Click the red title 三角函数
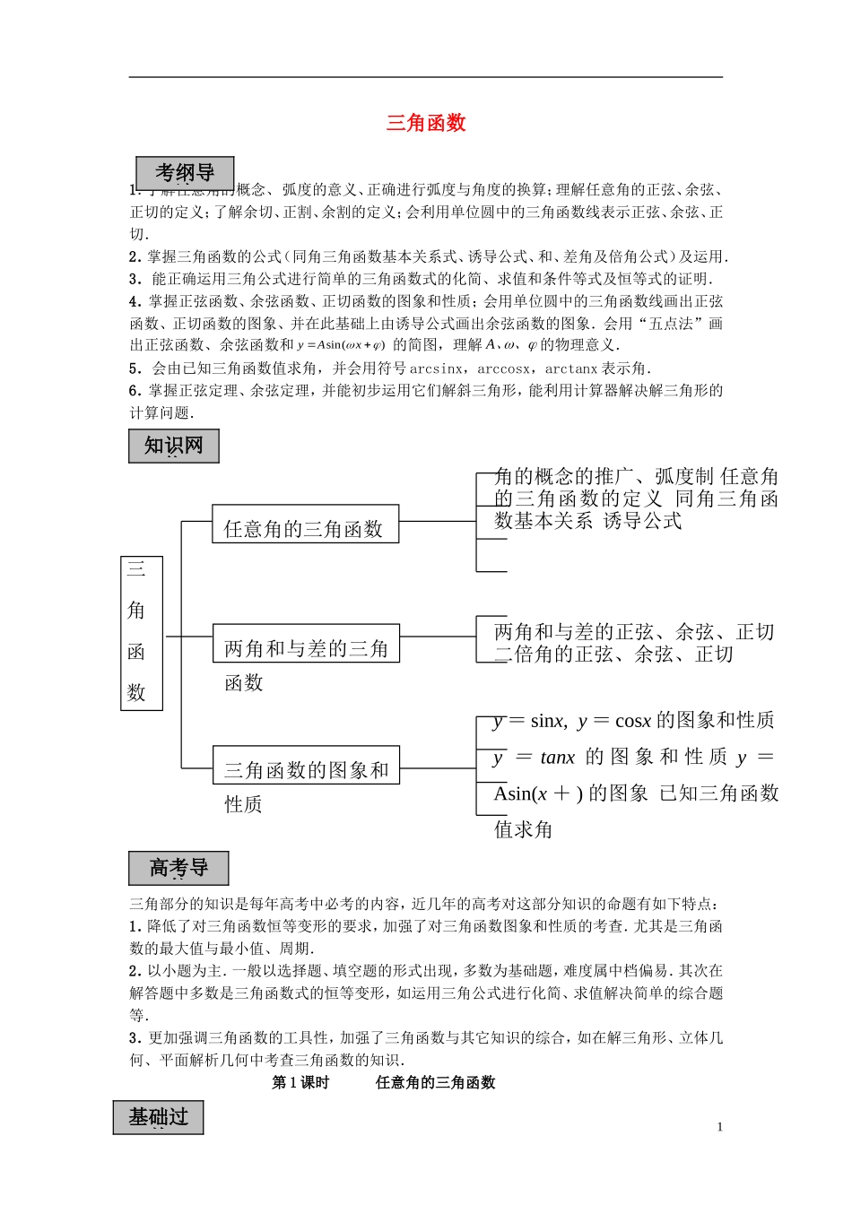[x=426, y=124]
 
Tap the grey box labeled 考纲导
[x=185, y=173]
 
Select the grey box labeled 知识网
[x=174, y=446]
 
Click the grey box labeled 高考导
[x=178, y=868]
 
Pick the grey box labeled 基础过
[x=158, y=1117]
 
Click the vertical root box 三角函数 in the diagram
[x=141, y=633]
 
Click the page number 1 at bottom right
[x=720, y=1127]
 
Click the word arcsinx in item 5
[x=436, y=368]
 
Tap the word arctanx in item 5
[x=570, y=368]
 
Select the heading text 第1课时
[x=300, y=1083]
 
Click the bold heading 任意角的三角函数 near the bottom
[x=435, y=1083]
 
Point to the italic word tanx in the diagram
[x=557, y=758]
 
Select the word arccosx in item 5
[x=503, y=368]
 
